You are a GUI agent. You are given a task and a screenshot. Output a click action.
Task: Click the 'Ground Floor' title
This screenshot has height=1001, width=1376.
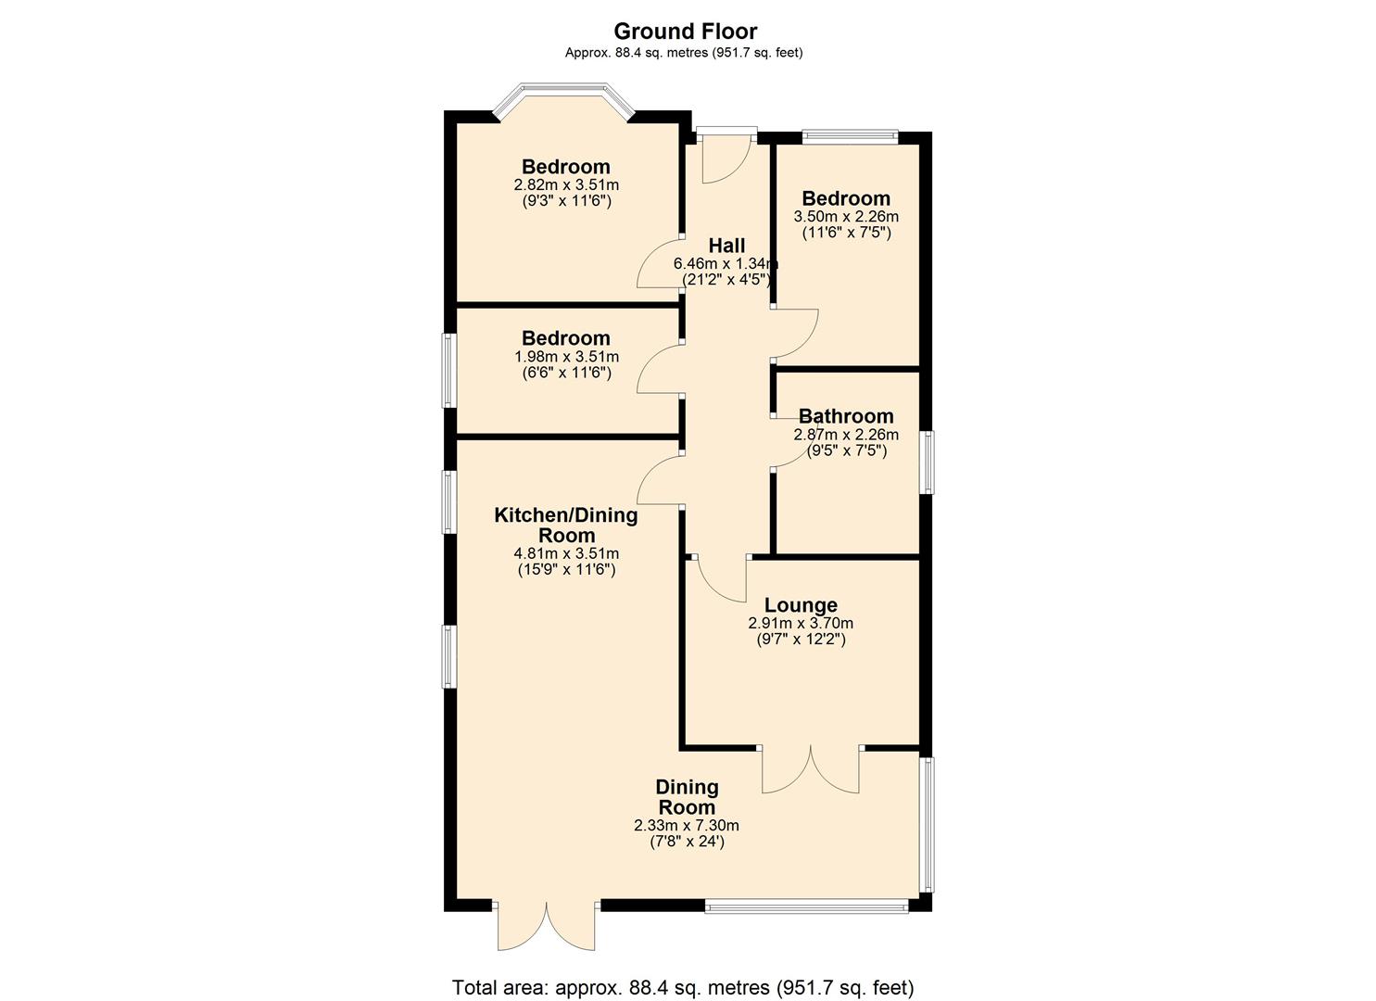[685, 32]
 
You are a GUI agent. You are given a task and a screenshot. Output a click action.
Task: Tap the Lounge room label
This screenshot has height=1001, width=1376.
[801, 606]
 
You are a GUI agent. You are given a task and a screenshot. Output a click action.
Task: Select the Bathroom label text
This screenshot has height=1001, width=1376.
[846, 416]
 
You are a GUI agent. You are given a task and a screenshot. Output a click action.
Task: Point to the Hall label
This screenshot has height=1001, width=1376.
[726, 246]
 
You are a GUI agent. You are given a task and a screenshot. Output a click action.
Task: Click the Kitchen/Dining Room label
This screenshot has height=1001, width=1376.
[566, 525]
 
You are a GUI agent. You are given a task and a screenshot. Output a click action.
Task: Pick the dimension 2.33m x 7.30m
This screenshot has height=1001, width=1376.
[687, 825]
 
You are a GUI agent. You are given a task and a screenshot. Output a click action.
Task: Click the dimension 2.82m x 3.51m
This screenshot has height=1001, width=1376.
[566, 184]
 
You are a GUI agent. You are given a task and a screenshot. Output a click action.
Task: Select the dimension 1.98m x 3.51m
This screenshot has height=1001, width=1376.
[566, 356]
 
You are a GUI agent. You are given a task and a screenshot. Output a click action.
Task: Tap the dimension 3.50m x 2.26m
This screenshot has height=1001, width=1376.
[846, 216]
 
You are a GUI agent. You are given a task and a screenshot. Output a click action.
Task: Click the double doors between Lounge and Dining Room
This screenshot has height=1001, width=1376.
[811, 769]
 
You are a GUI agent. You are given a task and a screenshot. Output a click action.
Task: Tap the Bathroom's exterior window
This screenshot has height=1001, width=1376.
[927, 462]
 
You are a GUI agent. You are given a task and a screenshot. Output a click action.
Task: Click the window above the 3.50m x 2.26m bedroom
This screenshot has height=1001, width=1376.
[850, 137]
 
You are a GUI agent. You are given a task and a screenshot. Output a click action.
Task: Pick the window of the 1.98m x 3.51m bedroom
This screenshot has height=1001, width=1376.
[449, 370]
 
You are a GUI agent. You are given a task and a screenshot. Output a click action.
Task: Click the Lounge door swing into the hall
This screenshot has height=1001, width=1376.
[722, 577]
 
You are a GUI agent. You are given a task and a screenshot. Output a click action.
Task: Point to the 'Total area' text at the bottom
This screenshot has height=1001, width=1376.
[683, 987]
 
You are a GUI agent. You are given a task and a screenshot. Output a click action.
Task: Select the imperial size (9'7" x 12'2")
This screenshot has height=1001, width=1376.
[801, 640]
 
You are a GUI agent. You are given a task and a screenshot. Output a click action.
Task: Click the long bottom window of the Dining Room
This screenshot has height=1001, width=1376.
[806, 906]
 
